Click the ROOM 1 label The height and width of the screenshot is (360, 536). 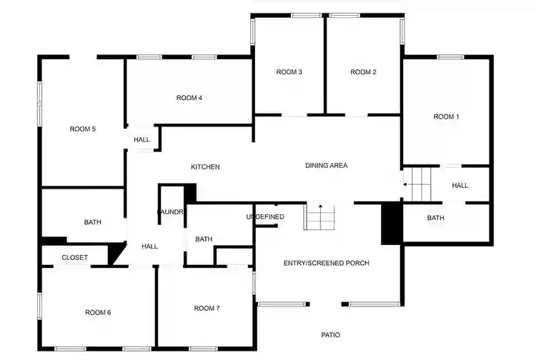pos(447,116)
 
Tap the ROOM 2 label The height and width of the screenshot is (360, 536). pos(363,72)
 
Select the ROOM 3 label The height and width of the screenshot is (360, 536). pos(289,72)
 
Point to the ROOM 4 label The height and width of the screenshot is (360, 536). pos(189,98)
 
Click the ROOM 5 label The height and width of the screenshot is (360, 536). pos(82,129)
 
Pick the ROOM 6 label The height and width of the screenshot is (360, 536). pos(98,312)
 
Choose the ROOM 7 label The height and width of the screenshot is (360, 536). pos(207,309)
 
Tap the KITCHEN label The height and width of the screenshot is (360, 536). pos(205,167)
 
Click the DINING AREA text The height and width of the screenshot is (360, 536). pos(326,166)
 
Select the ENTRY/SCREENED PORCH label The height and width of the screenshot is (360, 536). pos(326,264)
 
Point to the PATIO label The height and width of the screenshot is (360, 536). pos(330,335)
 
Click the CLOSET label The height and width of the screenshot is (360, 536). pos(74,258)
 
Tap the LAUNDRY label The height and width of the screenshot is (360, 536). pos(172,212)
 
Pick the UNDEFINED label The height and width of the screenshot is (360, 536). pos(265,216)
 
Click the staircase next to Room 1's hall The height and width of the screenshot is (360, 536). pos(420,184)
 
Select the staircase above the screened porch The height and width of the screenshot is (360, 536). pos(319,216)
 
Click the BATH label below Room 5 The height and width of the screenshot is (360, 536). pos(93,222)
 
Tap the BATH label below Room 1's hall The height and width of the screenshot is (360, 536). pos(436,218)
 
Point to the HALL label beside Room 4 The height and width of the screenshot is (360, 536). pos(142,140)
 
